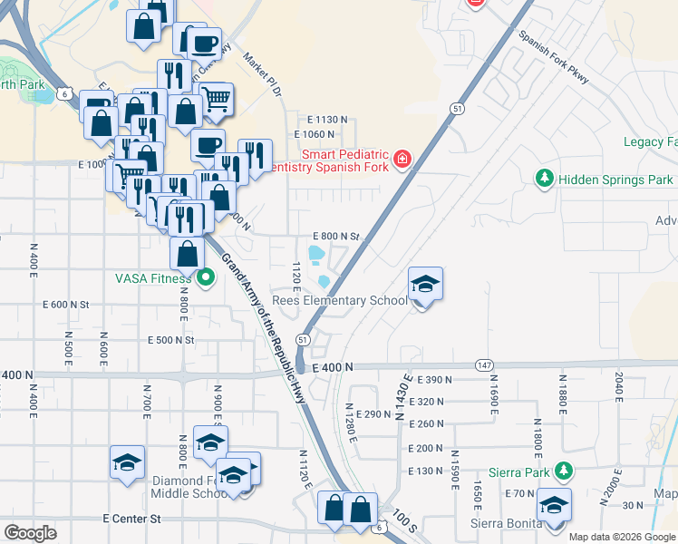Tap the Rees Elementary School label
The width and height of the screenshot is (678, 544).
(x=340, y=301)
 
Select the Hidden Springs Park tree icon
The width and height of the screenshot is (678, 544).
(x=545, y=179)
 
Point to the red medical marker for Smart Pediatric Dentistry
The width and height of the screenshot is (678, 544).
(x=402, y=161)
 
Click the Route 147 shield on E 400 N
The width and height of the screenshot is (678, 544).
(x=483, y=365)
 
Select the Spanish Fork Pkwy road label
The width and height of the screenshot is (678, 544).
(x=554, y=59)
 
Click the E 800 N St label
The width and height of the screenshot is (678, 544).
(x=336, y=236)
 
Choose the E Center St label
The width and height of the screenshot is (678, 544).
(x=131, y=519)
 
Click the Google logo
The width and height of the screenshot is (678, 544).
(x=30, y=533)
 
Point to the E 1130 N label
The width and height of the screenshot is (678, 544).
(x=327, y=120)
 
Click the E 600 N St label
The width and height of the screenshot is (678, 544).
(x=69, y=305)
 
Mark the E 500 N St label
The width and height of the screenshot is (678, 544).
(x=172, y=340)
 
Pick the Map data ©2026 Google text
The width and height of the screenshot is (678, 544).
(x=621, y=537)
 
